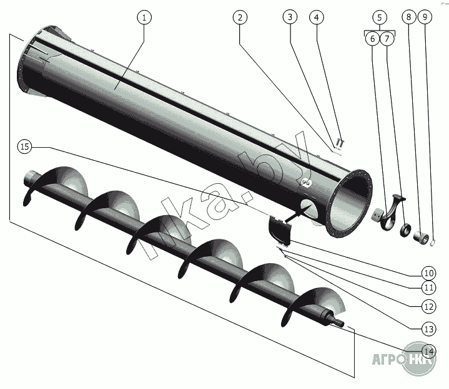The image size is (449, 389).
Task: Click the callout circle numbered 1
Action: pos(144,17)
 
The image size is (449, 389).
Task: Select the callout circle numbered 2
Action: pos(240,17)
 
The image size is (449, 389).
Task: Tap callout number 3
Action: pos(290,17)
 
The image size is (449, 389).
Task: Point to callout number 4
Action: pos(317,17)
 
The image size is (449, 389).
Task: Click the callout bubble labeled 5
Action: pos(380,17)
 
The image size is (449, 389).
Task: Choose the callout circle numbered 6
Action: pos(373,38)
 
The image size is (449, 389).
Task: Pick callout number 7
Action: pos(387,38)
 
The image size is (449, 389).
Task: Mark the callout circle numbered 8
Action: pos(408,17)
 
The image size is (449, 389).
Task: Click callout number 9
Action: pos(425,17)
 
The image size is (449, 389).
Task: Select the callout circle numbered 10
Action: pos(428,273)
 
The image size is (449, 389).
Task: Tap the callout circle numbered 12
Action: pos(428,307)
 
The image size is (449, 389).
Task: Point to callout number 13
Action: pos(428,329)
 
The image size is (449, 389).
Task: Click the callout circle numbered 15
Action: pos(24,146)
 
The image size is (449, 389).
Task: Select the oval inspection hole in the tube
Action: pos(309,208)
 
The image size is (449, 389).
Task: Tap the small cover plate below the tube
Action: pos(280,230)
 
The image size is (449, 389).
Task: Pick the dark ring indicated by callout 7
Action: pos(405,231)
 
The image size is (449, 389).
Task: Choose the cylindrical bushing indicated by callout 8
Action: pos(421,238)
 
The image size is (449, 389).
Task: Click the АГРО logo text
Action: pos(389,360)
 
